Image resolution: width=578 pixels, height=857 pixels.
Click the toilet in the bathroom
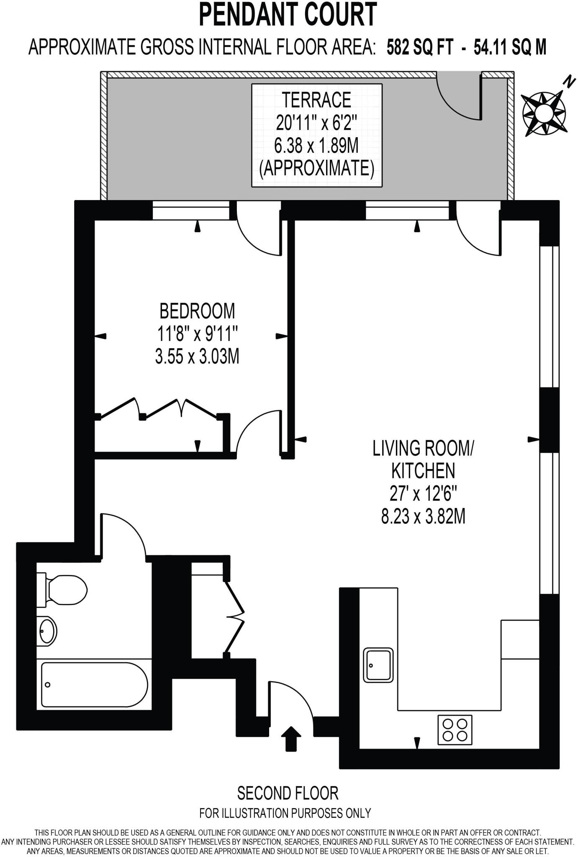[63, 590]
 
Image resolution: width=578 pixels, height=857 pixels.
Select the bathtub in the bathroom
[94, 685]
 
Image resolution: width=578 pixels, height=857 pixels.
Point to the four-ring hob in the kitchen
[455, 730]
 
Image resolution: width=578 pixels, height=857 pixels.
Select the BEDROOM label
[197, 311]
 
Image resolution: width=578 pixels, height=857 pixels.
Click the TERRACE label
[316, 100]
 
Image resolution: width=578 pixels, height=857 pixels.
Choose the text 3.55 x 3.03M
[197, 357]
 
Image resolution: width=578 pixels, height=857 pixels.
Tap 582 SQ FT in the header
[420, 47]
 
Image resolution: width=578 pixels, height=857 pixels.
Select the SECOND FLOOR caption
[288, 793]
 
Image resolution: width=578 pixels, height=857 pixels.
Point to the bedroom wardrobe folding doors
[161, 408]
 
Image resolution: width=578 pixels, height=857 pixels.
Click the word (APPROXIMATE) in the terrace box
[316, 169]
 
